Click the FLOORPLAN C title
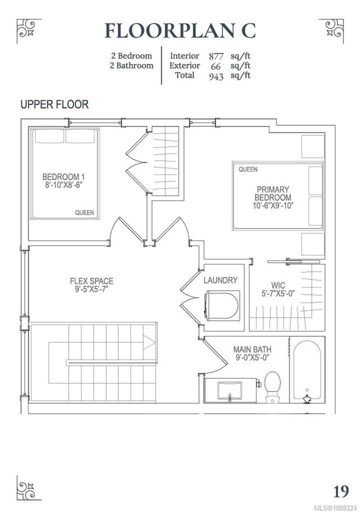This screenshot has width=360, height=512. click(x=180, y=31)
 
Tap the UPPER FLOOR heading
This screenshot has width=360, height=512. click(x=55, y=105)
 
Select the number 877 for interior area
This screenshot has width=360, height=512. click(x=216, y=56)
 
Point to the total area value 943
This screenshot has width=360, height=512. click(x=216, y=77)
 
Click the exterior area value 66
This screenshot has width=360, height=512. click(x=216, y=66)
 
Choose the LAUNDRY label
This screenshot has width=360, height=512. click(x=220, y=280)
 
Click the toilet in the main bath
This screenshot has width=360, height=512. click(x=272, y=387)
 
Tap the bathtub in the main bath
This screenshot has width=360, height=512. click(x=307, y=371)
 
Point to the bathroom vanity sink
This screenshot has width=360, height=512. click(x=229, y=391)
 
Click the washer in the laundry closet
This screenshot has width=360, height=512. click(x=222, y=306)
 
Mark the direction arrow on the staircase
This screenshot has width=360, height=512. click(x=148, y=343)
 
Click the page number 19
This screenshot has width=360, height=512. click(x=341, y=491)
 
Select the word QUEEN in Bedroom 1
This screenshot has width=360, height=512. click(x=84, y=213)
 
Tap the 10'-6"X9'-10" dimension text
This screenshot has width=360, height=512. click(x=273, y=206)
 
